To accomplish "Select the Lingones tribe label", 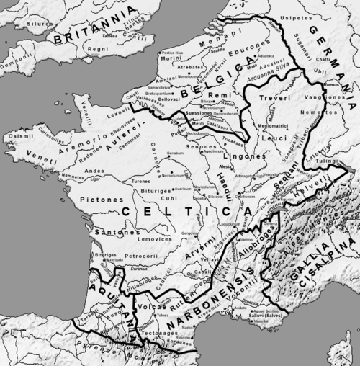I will [250, 156].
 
